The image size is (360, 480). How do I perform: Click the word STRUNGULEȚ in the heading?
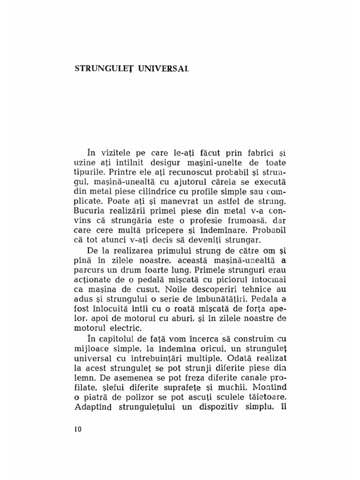point(104,68)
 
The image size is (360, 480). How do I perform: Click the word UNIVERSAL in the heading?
point(164,68)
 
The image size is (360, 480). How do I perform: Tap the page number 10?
point(78,430)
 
